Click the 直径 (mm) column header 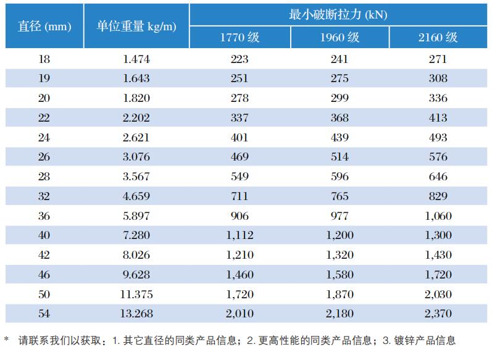tap(44, 26)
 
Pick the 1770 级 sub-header tap(240, 37)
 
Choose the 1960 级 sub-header tap(339, 37)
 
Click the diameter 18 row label tap(44, 59)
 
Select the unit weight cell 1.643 tap(136, 78)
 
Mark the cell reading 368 tap(339, 118)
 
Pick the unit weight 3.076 tap(136, 157)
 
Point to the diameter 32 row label tap(44, 196)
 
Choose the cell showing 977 tap(339, 216)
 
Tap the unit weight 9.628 tap(136, 274)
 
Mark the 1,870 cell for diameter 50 tap(339, 294)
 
